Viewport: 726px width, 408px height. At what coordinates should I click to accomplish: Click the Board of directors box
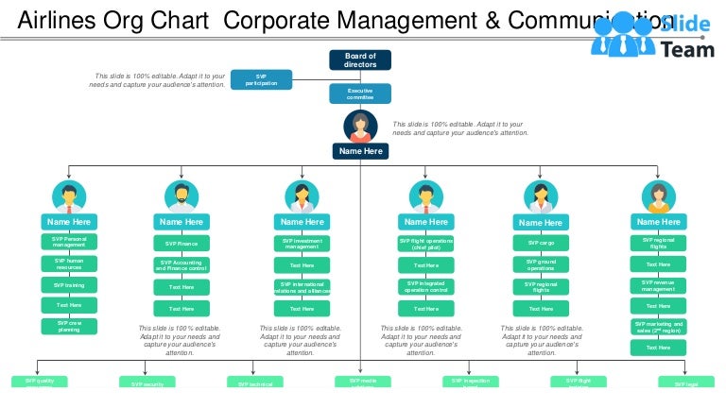pyautogui.click(x=360, y=59)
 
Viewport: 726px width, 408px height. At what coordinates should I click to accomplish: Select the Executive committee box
pyautogui.click(x=360, y=93)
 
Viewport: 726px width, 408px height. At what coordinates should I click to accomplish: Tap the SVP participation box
pyautogui.click(x=261, y=79)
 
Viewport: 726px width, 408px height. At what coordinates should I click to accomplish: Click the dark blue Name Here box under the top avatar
pyautogui.click(x=360, y=151)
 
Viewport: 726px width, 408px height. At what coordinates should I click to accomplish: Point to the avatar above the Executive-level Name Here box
pyautogui.click(x=360, y=126)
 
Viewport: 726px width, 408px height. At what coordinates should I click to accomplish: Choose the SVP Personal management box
pyautogui.click(x=69, y=243)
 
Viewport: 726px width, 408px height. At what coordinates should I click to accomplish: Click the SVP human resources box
pyautogui.click(x=69, y=263)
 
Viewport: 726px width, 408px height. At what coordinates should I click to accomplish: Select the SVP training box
pyautogui.click(x=69, y=284)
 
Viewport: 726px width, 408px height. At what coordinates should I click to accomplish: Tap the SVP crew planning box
pyautogui.click(x=69, y=326)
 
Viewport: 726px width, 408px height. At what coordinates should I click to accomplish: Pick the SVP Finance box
pyautogui.click(x=181, y=244)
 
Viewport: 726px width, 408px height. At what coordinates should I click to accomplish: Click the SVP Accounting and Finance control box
pyautogui.click(x=181, y=265)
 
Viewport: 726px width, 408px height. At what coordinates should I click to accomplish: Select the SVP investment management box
pyautogui.click(x=302, y=244)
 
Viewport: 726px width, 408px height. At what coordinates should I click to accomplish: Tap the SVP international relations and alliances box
pyautogui.click(x=302, y=286)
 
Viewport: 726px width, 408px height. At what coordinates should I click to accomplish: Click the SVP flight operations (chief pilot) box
pyautogui.click(x=426, y=244)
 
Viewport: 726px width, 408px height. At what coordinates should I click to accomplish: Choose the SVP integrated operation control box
pyautogui.click(x=426, y=286)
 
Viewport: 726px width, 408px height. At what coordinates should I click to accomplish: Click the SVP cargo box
pyautogui.click(x=541, y=244)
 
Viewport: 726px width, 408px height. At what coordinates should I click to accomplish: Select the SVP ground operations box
pyautogui.click(x=541, y=265)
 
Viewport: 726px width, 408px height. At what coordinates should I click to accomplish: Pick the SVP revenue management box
pyautogui.click(x=658, y=285)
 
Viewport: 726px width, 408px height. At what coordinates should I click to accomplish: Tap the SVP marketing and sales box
pyautogui.click(x=658, y=327)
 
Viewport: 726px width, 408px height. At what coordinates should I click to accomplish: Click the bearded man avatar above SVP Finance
pyautogui.click(x=181, y=195)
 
